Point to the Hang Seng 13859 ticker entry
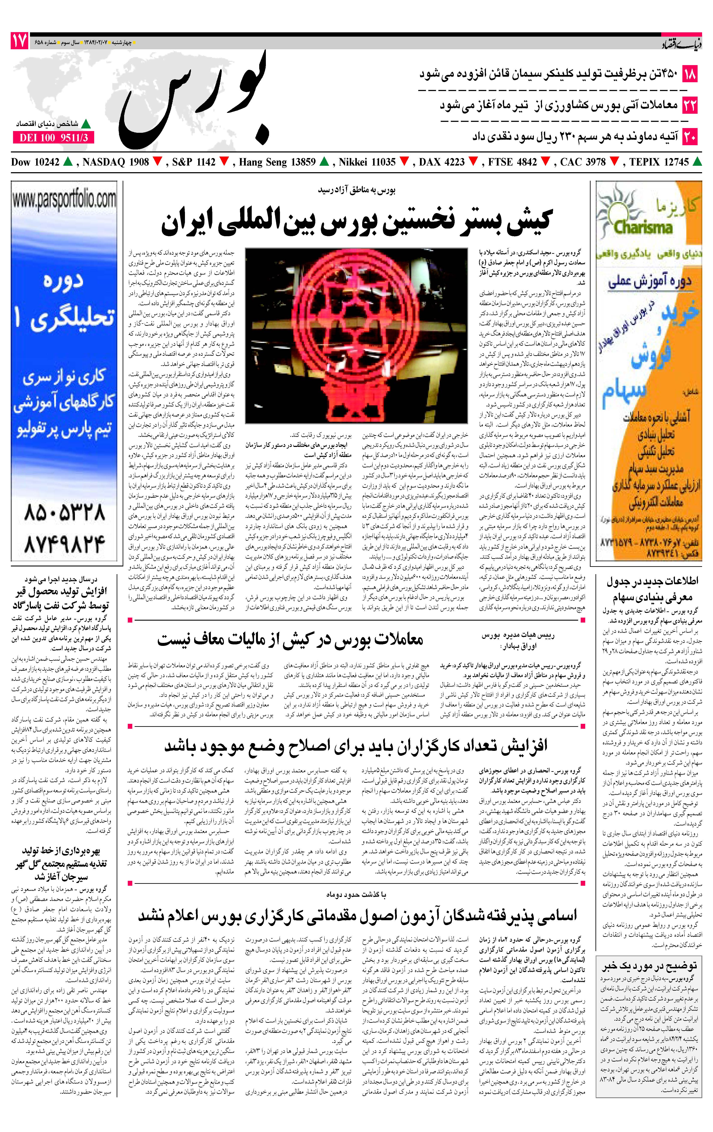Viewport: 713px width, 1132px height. pyautogui.click(x=277, y=162)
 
